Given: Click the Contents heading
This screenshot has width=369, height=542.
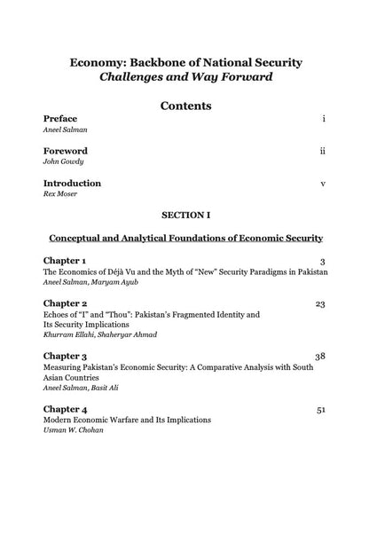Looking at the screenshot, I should click(185, 107).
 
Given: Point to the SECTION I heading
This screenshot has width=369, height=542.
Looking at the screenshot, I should click(185, 216).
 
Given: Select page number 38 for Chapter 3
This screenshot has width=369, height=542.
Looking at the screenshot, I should click(320, 356).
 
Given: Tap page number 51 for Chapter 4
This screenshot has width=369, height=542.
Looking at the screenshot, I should click(320, 408).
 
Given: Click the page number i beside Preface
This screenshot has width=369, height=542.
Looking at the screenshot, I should click(323, 118).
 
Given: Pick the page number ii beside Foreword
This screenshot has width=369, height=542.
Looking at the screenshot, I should click(322, 151).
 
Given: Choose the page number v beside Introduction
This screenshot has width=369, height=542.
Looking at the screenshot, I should click(323, 184).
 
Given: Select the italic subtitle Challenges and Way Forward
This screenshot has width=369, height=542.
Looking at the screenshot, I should click(185, 77).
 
